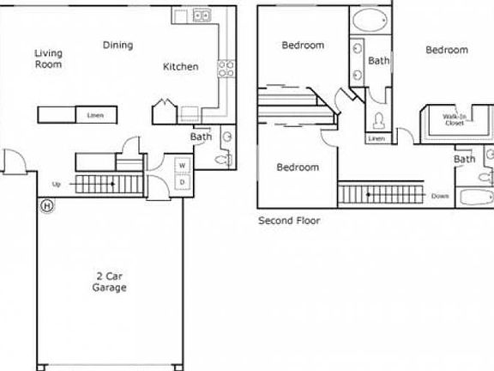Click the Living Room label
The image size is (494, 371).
48,58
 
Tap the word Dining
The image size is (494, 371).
117,46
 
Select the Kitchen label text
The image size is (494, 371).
181,66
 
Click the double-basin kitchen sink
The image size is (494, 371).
202,15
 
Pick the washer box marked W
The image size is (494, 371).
183,165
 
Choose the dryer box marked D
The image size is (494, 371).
183,182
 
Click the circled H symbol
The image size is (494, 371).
46,206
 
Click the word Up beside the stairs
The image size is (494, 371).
57,184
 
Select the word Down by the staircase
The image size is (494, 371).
440,196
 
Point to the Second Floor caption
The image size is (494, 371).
289,221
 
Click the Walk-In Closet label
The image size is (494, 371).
454,119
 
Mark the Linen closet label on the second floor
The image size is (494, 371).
377,138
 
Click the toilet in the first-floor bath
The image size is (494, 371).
226,160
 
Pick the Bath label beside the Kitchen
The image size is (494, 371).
201,136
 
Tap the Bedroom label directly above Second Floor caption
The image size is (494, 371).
298,167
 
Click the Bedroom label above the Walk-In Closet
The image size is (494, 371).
447,50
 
